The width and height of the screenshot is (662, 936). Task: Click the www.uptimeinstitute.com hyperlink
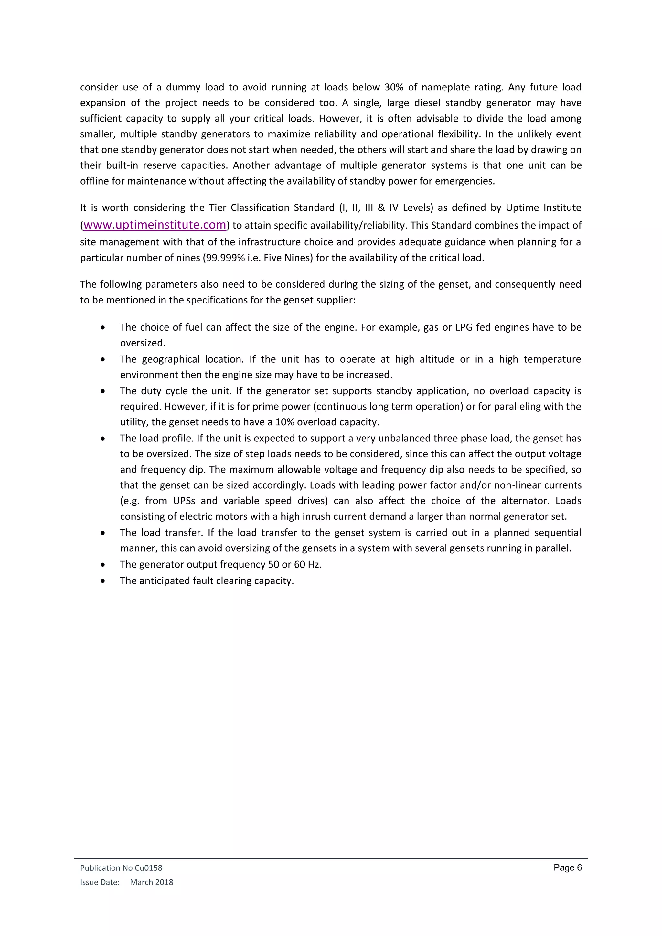coord(155,225)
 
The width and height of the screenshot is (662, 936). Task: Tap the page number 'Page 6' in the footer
coord(567,867)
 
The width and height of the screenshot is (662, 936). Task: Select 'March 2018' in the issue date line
coord(151,882)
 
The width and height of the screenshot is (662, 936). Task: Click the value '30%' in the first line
coord(394,87)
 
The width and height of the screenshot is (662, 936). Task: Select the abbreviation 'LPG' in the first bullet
coord(464,327)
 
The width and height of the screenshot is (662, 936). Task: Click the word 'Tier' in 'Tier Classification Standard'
coord(218,207)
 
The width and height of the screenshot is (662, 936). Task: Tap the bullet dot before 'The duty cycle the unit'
coord(103,391)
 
